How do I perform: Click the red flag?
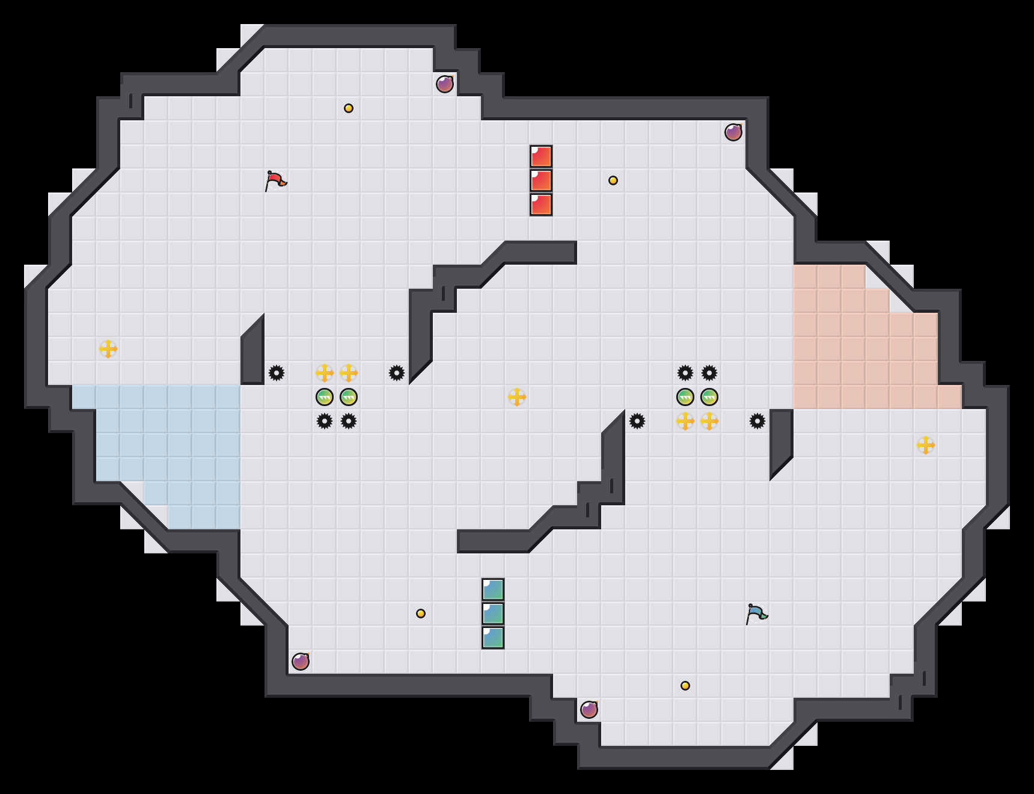coord(275,180)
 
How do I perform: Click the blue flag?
coord(756,614)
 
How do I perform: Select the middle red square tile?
coord(541,180)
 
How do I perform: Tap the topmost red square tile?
coord(541,156)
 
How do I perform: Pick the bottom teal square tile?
coord(493,638)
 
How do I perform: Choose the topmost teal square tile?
coord(493,589)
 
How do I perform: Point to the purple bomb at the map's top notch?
coord(445,84)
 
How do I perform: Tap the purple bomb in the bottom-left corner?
coord(301,662)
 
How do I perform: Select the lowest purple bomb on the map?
coord(589,710)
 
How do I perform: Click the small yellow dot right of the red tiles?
coord(613,180)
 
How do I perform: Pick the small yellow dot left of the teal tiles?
coord(421,614)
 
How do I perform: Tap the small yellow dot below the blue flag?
coord(685,686)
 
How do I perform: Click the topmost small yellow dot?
coord(349,108)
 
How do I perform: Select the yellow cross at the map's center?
coord(517,397)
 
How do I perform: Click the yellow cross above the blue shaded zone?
coord(108,349)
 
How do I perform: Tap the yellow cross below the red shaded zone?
coord(926,445)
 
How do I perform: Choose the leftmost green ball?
coord(325,397)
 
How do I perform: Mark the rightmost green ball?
coord(709,397)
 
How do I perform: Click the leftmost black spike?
coord(277,373)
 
